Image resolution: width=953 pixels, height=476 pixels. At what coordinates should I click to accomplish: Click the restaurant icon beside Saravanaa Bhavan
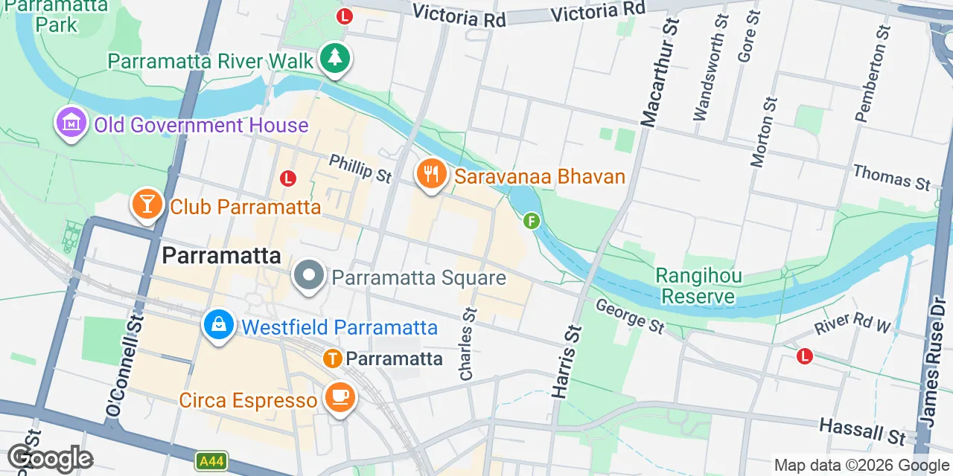click(x=430, y=176)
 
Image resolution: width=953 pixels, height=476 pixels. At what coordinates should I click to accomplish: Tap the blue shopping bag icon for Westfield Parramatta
click(x=219, y=325)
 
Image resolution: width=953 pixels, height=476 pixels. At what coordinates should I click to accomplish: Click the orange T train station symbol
click(x=333, y=359)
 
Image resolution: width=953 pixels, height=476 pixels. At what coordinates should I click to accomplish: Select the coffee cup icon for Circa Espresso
click(x=340, y=398)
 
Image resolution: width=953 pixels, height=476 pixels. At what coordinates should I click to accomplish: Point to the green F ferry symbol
click(x=531, y=220)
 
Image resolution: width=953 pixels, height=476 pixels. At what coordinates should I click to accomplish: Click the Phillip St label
click(x=360, y=168)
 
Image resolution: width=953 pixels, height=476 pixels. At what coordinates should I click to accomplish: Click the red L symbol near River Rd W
click(x=804, y=356)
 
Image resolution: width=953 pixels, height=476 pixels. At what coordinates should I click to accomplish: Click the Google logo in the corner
click(x=50, y=458)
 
